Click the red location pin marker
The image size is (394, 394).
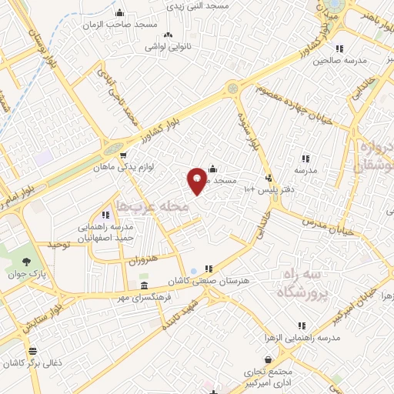click(198, 179)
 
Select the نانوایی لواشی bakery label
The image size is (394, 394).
click(169, 46)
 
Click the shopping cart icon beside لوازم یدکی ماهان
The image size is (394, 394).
click(123, 155)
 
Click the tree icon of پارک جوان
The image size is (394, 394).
click(28, 261)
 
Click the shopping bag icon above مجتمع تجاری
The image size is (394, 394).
click(268, 359)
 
